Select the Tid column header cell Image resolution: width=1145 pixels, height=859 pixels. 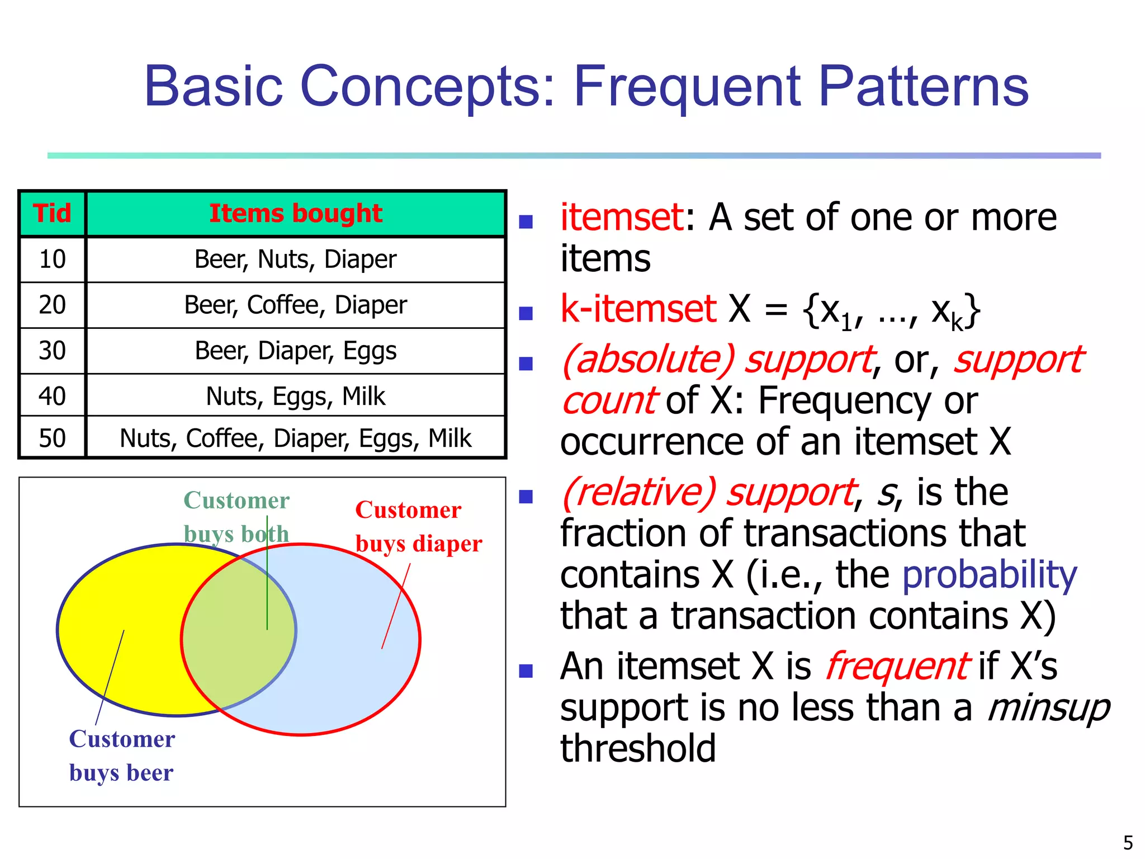(x=52, y=214)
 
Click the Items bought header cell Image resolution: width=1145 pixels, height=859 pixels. (x=295, y=214)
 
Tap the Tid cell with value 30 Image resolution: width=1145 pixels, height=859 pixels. (x=52, y=351)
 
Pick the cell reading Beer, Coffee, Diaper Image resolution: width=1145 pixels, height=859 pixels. (x=295, y=305)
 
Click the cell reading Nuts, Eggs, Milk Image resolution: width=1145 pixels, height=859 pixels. (x=295, y=396)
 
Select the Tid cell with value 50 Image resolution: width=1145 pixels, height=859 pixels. (x=52, y=438)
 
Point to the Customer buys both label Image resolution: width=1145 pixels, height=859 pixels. (x=236, y=517)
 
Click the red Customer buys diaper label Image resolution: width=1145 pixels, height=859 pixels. (x=418, y=526)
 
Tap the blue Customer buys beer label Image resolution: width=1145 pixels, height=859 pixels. (x=121, y=756)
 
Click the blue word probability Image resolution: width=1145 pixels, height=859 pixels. (x=989, y=575)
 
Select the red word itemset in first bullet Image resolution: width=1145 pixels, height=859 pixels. (x=622, y=217)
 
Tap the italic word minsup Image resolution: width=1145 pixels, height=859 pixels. (x=1048, y=708)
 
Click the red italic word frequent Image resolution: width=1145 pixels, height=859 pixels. (x=897, y=667)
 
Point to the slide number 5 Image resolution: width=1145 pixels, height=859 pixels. (x=1128, y=842)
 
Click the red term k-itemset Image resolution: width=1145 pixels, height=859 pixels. (x=638, y=309)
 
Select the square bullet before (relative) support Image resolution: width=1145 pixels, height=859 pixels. (x=526, y=496)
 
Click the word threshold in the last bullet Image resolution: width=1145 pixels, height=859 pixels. (x=638, y=749)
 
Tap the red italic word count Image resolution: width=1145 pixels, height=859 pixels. (x=609, y=400)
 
